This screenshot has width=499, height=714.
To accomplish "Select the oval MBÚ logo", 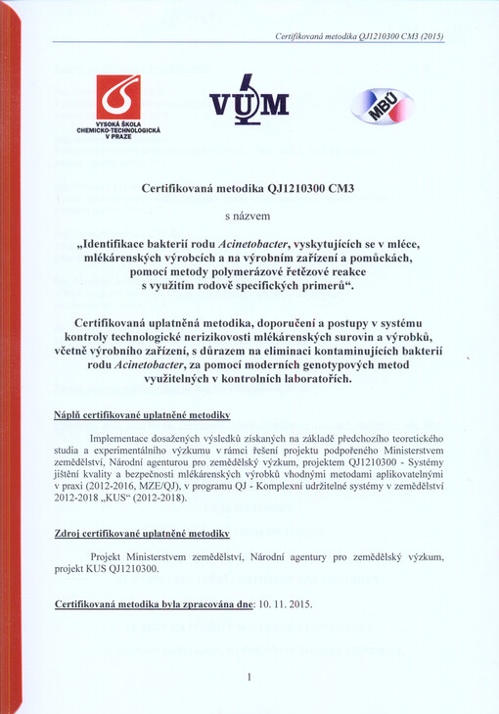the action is (383, 106).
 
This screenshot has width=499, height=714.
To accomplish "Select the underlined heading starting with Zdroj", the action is (141, 534).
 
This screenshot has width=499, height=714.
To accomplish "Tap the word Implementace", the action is (122, 438).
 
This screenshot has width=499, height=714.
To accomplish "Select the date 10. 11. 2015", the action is (285, 604).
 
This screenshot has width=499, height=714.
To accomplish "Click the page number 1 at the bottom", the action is (249, 677).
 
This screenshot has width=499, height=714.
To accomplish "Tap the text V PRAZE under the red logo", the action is (118, 136).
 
